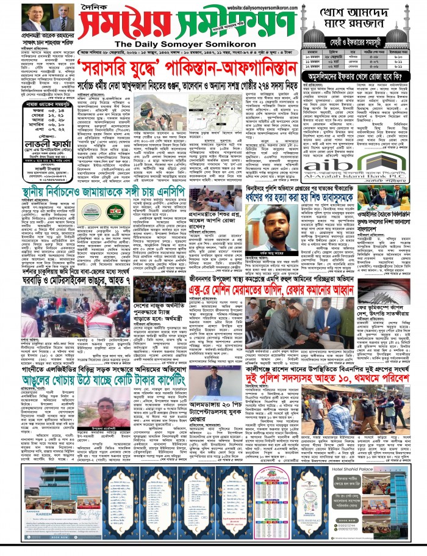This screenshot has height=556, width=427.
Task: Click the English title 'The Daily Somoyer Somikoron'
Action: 177,44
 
